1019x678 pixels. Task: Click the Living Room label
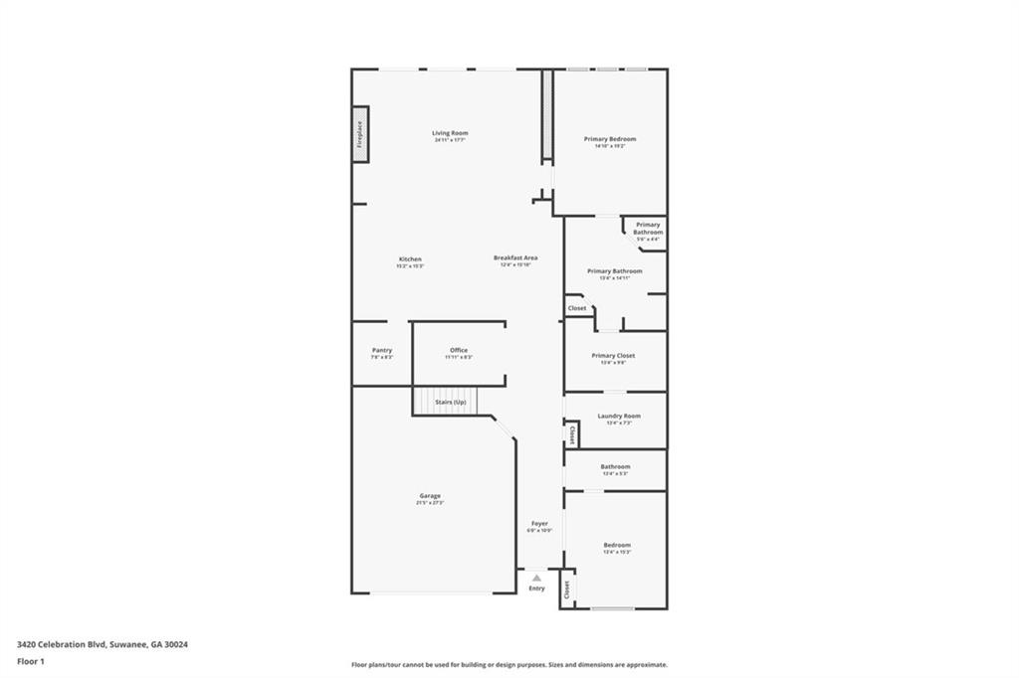click(450, 133)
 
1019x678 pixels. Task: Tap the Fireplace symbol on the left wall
click(360, 133)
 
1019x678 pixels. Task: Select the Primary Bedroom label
click(610, 139)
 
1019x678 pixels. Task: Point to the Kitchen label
click(410, 259)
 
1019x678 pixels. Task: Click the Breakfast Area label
click(515, 258)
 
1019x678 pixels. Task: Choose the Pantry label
click(382, 350)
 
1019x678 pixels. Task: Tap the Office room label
click(459, 350)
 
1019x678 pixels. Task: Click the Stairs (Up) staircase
click(446, 402)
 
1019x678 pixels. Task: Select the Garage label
click(430, 496)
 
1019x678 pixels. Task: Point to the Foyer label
click(539, 523)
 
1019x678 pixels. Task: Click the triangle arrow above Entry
click(536, 578)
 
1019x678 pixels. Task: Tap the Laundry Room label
click(618, 416)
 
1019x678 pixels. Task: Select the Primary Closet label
click(613, 355)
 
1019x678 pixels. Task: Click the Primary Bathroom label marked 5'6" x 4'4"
click(648, 229)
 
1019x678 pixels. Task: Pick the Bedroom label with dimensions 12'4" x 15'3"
click(617, 545)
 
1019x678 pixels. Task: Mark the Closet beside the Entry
click(566, 590)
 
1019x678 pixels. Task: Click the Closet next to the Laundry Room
click(572, 435)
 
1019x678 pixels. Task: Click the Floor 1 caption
click(31, 661)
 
